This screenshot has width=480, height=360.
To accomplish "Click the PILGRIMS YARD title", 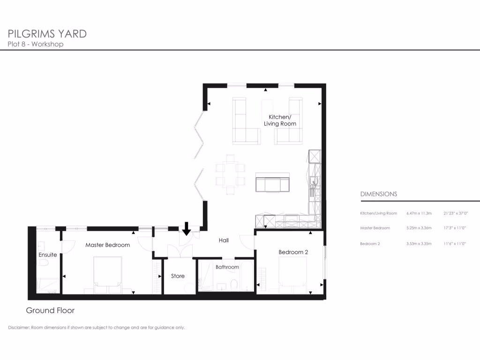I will coord(47,34).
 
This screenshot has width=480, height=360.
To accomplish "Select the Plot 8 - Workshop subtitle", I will coord(36,45).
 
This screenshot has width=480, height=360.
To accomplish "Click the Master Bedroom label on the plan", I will coord(107,245).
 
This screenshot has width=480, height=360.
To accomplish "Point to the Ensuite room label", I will coord(48,255).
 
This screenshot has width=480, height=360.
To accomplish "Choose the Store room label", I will coord(178,276).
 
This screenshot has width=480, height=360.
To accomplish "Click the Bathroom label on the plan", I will coord(227,267).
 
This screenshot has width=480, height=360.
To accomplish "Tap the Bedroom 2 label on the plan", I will coord(293,252).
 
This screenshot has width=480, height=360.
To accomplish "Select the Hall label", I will coord(224,240).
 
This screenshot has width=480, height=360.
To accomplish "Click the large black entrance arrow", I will coord(186,229).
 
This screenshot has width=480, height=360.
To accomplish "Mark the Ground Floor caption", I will coord(50,310).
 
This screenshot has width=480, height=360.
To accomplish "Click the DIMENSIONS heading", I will coord(378,194).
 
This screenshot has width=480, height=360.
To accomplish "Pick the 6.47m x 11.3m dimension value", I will coord(419,213).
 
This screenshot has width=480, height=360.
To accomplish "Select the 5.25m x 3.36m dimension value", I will coord(419,228).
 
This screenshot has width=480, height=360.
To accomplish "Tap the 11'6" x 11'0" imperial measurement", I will coord(455,244).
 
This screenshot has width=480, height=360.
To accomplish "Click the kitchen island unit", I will coord(272,183).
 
